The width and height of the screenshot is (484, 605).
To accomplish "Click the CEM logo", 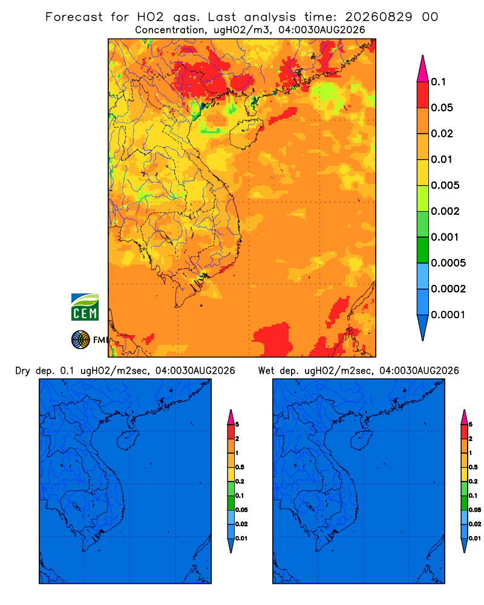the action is (85, 307).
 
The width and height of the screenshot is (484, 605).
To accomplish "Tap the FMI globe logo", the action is (80, 339).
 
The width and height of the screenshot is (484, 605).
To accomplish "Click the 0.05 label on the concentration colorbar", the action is (442, 108).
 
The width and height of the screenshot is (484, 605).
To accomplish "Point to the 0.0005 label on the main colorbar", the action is (448, 263).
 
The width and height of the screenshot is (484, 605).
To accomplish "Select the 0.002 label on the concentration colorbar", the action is (445, 211).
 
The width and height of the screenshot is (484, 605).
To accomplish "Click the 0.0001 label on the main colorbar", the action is (448, 315).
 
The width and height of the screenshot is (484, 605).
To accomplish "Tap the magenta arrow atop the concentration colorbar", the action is (423, 68).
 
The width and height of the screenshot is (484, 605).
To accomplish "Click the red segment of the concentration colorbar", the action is (423, 95).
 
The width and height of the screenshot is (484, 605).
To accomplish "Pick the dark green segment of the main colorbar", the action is (423, 250).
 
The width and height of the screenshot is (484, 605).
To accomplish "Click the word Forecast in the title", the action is (74, 17).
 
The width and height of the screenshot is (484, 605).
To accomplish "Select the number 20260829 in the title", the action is (379, 17).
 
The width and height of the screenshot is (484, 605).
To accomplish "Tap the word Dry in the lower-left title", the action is (22, 371).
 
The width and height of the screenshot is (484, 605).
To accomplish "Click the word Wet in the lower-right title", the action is (266, 371).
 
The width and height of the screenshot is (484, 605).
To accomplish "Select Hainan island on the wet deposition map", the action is (362, 439).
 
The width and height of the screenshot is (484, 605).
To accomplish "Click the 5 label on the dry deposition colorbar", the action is (237, 425).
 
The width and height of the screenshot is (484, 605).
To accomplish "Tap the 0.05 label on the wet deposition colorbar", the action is (475, 509).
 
